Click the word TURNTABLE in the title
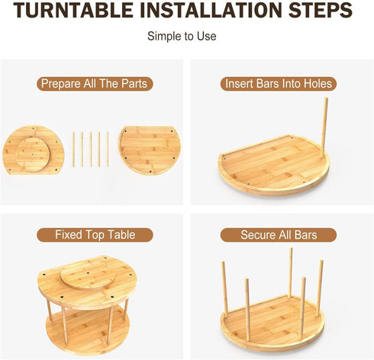pyautogui.click(x=73, y=10)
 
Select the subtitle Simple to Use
pyautogui.click(x=182, y=36)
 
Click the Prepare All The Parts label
pyautogui.click(x=95, y=84)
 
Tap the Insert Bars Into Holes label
pyautogui.click(x=279, y=84)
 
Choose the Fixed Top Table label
pyautogui.click(x=95, y=235)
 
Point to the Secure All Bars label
pyautogui.click(x=279, y=235)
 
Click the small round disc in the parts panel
pyautogui.click(x=33, y=155)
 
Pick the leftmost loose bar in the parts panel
pyautogui.click(x=73, y=149)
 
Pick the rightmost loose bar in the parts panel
pyautogui.click(x=108, y=149)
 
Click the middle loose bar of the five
pyautogui.click(x=91, y=149)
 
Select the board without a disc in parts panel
pyautogui.click(x=150, y=150)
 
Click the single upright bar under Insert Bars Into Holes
pyautogui.click(x=324, y=127)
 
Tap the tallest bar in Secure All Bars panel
pyautogui.click(x=291, y=272)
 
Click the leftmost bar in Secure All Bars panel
pyautogui.click(x=224, y=288)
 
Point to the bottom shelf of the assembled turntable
pyautogui.click(x=88, y=330)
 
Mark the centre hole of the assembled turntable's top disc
pyautogui.click(x=88, y=273)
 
